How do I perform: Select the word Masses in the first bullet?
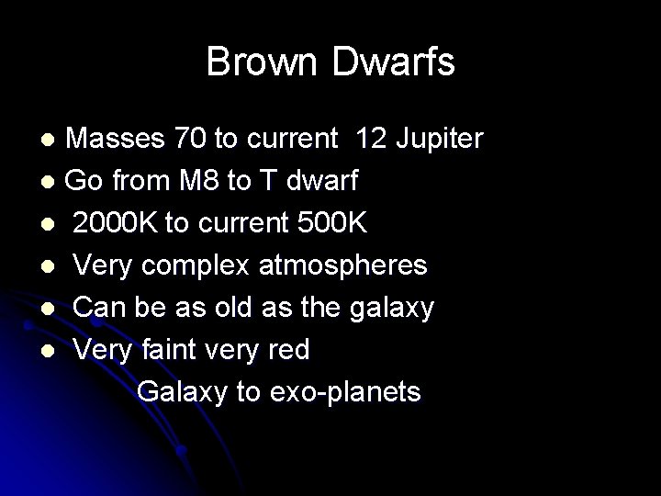click(x=118, y=139)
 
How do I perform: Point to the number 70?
click(x=191, y=139)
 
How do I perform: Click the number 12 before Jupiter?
click(x=372, y=139)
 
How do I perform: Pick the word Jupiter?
click(x=439, y=139)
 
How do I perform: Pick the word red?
click(x=286, y=350)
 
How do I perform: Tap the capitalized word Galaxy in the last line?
click(x=183, y=392)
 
